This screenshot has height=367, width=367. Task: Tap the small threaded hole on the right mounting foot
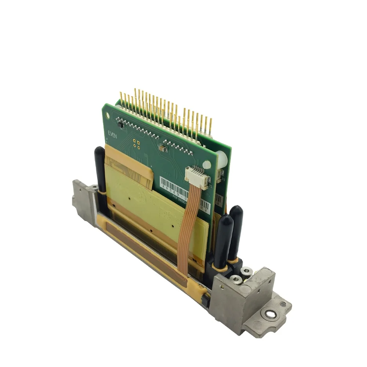coord(283,304)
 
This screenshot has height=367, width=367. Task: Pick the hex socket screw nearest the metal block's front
coord(237,280)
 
